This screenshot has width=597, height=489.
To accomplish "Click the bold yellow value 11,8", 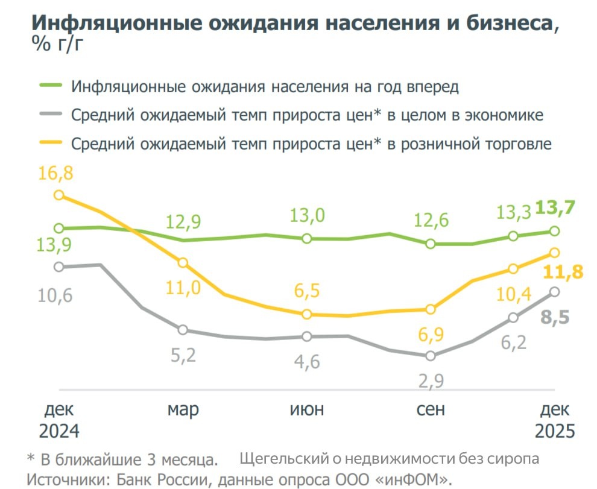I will (x=563, y=273).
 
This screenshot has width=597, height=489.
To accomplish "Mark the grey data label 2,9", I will (x=431, y=381).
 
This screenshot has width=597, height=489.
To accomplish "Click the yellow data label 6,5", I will (x=308, y=291).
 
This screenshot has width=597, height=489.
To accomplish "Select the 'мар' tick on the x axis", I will (x=183, y=410).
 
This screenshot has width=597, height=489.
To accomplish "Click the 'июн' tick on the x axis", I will (x=307, y=410).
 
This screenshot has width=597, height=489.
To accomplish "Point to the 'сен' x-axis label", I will (x=431, y=410).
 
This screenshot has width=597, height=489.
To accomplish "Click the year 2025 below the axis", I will (x=555, y=432).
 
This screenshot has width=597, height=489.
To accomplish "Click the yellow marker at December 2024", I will (x=59, y=195).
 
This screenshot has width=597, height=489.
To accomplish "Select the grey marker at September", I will (x=431, y=356).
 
